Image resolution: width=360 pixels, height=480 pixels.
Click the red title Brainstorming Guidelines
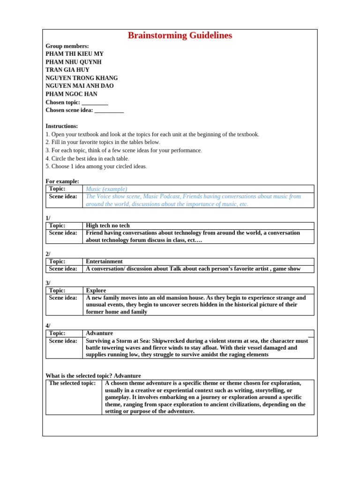(180, 36)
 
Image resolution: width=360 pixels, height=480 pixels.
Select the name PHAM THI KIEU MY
(75, 54)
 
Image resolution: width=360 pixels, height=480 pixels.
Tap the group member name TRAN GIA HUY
(67, 70)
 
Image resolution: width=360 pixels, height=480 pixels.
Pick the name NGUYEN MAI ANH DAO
(80, 86)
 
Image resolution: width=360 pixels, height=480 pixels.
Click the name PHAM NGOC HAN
(71, 94)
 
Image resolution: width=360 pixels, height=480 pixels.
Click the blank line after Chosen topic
(95, 102)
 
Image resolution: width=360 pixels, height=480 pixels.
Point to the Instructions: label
(62, 126)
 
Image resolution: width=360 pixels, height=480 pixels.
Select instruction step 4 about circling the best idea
(87, 158)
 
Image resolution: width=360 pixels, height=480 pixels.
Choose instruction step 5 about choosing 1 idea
(96, 166)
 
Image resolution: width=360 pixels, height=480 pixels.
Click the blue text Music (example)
(106, 189)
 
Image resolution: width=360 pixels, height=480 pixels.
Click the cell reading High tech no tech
(108, 225)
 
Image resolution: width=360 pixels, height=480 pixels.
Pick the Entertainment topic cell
(104, 262)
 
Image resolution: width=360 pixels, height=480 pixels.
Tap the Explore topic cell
(96, 291)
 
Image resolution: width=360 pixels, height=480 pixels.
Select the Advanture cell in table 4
(99, 333)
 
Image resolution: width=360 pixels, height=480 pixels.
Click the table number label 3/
(48, 283)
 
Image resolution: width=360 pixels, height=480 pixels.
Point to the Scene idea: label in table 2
(63, 269)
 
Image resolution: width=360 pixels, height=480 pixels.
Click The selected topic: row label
(72, 383)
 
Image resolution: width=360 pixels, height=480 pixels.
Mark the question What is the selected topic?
(79, 376)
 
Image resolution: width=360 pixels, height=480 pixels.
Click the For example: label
(62, 181)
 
